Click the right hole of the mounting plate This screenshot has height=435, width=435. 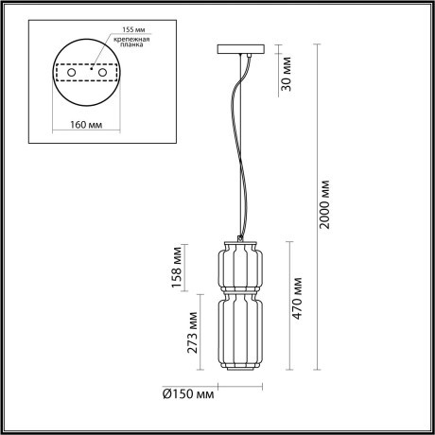(x=101, y=72)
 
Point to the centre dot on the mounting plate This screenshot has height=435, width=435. (x=90, y=68)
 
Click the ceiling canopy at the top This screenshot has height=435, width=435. (x=241, y=48)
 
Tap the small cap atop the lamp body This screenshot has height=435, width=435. (x=241, y=239)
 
